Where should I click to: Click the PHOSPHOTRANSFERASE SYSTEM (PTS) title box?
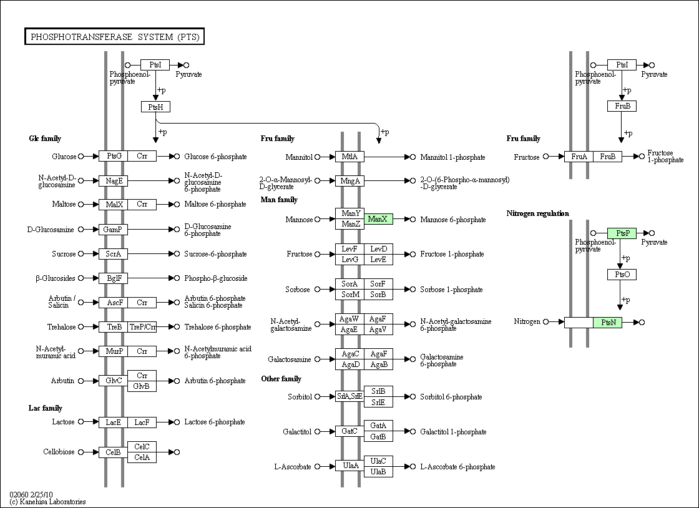[x=115, y=37]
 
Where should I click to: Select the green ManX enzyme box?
[x=378, y=219]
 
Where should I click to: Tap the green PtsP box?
[x=622, y=233]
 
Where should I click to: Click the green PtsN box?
[x=608, y=322]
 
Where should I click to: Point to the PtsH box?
[x=155, y=107]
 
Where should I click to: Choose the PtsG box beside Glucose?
[x=114, y=156]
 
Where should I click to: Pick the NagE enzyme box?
[x=114, y=181]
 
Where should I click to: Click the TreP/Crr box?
[x=142, y=327]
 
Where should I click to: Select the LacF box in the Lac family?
[x=142, y=423]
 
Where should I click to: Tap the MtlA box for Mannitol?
[x=349, y=157]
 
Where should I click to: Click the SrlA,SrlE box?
[x=349, y=396]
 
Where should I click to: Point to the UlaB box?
[x=378, y=472]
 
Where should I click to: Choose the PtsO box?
[x=622, y=275]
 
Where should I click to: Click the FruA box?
[x=579, y=157]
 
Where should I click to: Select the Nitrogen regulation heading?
[x=537, y=213]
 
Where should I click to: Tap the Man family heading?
[x=279, y=200]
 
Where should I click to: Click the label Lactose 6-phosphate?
[x=215, y=423]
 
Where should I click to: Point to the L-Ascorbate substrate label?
[x=292, y=467]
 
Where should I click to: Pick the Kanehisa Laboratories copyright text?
[x=47, y=502]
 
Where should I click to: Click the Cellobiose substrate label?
[x=59, y=452]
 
